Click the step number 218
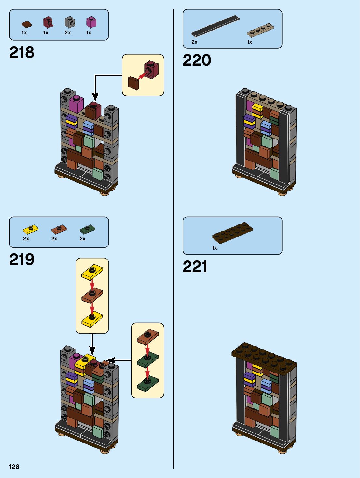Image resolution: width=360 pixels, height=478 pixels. pos(21,52)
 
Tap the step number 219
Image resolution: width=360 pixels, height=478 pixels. pos(21,260)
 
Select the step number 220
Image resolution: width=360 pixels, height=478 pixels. pos(197,61)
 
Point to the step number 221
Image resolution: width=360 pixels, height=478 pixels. pos(195,267)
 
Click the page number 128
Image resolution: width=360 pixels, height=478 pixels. pos(14,467)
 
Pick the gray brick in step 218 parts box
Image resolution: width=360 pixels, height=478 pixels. pos(70,22)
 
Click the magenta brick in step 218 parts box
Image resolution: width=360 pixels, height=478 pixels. pos(91,22)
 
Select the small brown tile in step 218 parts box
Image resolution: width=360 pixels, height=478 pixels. pos(27,24)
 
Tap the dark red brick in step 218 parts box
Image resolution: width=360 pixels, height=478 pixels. pos(48,22)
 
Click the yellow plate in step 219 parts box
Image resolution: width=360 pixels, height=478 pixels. pos(31,230)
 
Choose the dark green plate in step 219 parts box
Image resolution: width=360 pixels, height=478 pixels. pos(87,229)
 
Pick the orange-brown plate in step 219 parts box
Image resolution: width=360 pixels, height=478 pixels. pos(59,229)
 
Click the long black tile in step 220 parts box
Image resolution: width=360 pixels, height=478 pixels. pos(215,26)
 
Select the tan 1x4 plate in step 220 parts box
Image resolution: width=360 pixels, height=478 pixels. pos(260,30)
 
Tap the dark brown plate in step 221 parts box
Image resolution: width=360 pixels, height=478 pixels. pos(232,232)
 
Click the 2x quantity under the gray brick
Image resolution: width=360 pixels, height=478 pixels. pos(68,33)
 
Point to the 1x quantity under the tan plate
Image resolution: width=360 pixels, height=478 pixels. pos(250,42)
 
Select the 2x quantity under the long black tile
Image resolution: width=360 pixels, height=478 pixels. pos(194,42)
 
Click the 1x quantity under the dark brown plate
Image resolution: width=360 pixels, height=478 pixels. pos(215,248)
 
